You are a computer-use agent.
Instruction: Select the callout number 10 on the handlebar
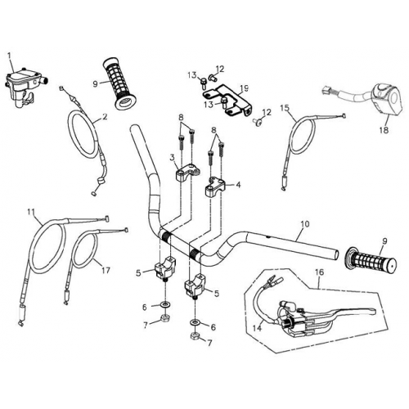click(x=305, y=222)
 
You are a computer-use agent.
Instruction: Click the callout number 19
click(x=245, y=88)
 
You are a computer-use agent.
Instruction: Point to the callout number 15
click(x=285, y=107)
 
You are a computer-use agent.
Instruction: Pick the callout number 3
click(x=172, y=157)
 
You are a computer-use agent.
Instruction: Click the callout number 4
click(x=238, y=186)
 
